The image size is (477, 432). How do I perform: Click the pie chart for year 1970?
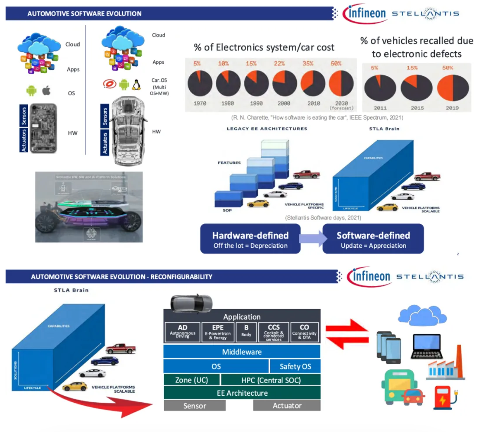tap(200, 83)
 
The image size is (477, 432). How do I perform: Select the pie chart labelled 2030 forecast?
tap(341, 83)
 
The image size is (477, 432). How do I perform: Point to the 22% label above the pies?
tap(279, 64)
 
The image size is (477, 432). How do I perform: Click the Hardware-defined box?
tap(250, 239)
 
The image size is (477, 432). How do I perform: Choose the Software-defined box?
tap(373, 239)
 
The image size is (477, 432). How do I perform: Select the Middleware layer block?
tap(242, 352)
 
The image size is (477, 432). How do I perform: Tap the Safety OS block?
tap(295, 366)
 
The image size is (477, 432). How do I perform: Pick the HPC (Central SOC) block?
tap(271, 380)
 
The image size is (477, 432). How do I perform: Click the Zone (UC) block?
tap(191, 380)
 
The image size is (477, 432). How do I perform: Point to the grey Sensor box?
tap(195, 405)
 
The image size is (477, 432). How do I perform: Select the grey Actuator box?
tap(287, 405)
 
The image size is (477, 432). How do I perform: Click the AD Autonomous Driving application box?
tap(182, 332)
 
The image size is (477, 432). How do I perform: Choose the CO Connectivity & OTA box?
tap(304, 332)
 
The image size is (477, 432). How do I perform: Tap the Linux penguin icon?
tap(136, 84)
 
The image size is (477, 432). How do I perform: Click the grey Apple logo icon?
tap(46, 91)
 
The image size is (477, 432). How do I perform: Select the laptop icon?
tap(426, 346)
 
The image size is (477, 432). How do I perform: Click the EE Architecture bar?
tap(242, 393)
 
